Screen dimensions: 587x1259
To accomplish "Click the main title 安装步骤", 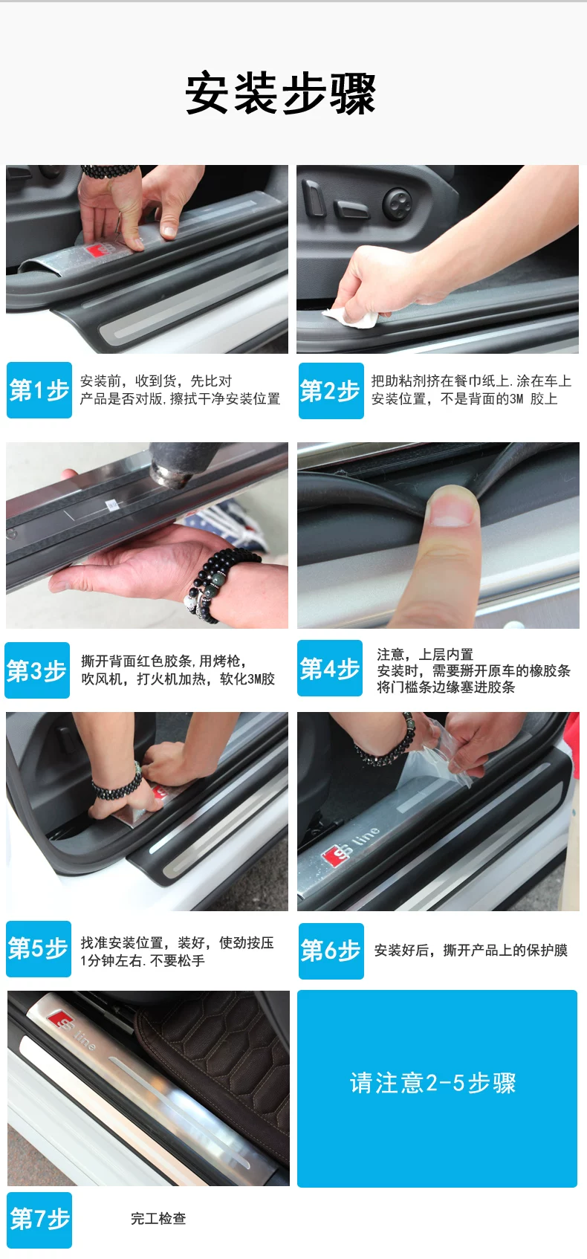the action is [x=280, y=94].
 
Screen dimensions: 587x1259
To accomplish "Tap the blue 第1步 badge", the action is [x=39, y=390].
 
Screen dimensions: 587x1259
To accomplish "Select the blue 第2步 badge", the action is [x=331, y=391].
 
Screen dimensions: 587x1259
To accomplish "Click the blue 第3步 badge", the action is [x=37, y=670].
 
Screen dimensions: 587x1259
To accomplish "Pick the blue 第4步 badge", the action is [x=330, y=668].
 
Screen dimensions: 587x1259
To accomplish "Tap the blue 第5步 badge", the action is [x=38, y=949].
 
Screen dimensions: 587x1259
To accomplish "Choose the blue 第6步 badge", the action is [x=331, y=951].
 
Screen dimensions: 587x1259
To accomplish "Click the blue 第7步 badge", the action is [x=39, y=1220].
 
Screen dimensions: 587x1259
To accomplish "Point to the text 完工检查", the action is [x=158, y=1219].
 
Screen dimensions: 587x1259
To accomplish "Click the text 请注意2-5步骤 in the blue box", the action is [x=432, y=1083].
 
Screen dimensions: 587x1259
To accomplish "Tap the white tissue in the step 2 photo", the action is [x=354, y=317].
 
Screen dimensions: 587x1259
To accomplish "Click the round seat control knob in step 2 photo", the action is [x=397, y=203].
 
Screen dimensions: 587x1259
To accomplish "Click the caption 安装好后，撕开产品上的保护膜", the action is [x=471, y=951].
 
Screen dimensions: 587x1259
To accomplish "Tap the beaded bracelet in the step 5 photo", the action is [x=118, y=782].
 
